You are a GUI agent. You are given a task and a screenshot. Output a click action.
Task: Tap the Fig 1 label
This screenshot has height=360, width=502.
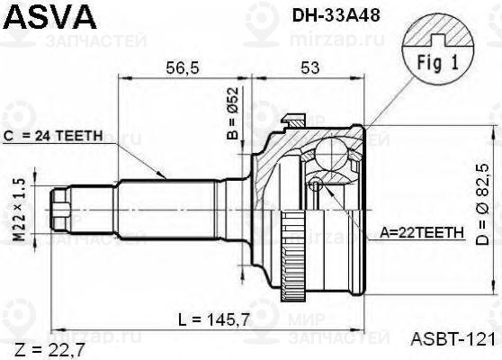click(x=438, y=64)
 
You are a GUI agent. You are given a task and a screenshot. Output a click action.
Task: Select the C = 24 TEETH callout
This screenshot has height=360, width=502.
click(x=54, y=136)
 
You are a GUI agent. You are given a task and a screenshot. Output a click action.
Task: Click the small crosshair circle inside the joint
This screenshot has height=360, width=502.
click(x=316, y=184)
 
